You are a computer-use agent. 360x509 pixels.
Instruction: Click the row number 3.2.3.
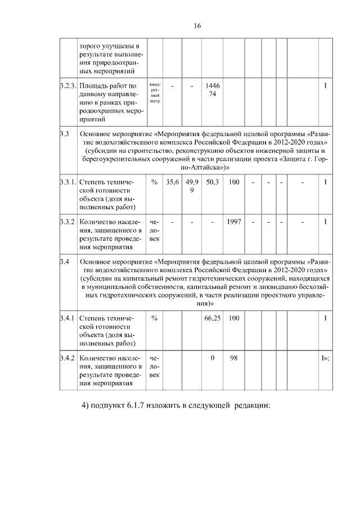point(67,85)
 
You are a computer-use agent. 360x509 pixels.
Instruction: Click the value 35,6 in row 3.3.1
point(173,182)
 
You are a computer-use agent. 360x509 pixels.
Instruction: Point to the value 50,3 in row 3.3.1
point(213,182)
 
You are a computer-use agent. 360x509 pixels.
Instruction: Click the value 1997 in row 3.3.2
point(234,222)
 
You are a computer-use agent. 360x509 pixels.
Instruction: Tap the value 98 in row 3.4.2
point(234,358)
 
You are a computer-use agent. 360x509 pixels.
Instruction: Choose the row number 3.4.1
point(67,318)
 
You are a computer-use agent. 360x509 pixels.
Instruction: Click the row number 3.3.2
point(67,222)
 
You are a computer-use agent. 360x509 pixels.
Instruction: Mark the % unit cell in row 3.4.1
point(155,318)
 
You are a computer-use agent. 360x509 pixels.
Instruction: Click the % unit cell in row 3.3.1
point(155,182)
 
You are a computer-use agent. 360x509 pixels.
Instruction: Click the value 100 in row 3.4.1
point(234,318)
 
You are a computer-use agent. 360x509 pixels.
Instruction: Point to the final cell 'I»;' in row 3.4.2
point(325,358)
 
